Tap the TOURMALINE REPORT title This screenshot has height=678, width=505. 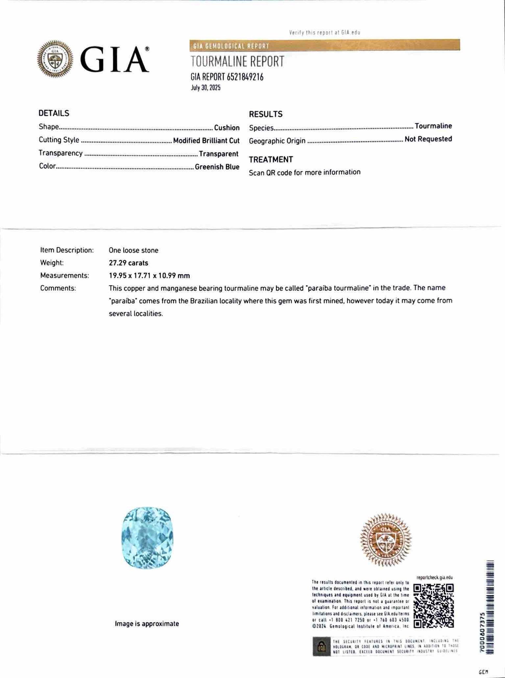237,62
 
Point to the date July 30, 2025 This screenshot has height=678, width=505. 206,88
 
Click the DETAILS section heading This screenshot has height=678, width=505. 54,113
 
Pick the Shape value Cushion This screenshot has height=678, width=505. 227,127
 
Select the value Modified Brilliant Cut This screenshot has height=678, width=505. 206,141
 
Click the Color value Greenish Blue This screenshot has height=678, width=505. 217,167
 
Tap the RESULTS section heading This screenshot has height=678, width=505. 265,114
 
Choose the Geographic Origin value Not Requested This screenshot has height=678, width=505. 428,139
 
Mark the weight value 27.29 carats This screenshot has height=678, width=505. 128,263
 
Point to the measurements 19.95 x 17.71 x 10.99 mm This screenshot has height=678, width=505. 149,276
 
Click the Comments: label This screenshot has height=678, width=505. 58,288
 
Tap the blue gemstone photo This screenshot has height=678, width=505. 147,537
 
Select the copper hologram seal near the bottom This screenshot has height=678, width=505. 386,539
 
